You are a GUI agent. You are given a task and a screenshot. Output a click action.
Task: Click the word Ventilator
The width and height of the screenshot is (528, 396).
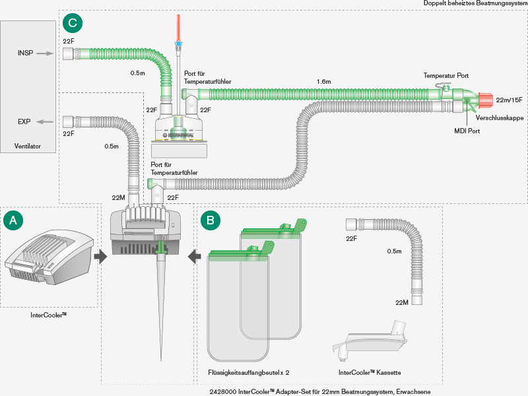coord(27,145)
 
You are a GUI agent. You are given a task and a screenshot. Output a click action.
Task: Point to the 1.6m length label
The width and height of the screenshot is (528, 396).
coord(323,82)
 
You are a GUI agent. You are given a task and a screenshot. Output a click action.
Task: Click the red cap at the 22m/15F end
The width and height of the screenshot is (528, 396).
coord(484,101)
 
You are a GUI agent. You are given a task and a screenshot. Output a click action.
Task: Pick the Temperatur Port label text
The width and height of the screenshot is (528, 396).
coord(445,77)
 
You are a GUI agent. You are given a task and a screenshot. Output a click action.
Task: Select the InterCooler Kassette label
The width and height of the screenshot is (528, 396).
coord(370,373)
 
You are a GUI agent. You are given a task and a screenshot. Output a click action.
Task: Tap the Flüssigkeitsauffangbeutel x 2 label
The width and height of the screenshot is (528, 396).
coord(249,373)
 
